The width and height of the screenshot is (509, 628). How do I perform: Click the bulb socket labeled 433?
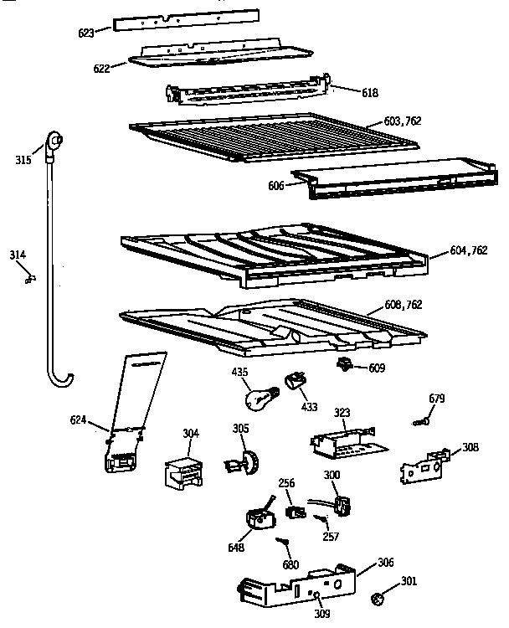click(x=294, y=383)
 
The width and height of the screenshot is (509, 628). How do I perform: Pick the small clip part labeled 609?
click(x=343, y=365)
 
